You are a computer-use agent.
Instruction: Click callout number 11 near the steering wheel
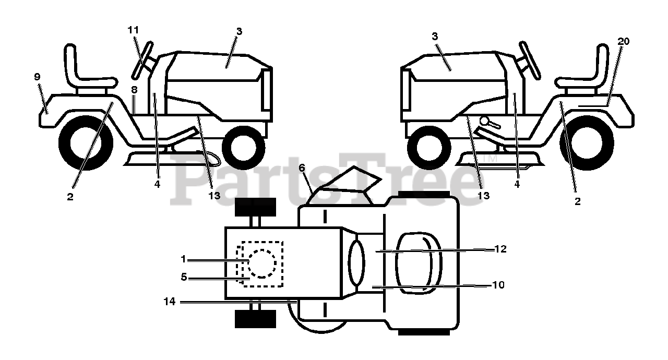click(x=133, y=30)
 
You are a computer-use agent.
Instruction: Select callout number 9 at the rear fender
click(x=37, y=77)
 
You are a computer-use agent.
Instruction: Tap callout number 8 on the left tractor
click(x=134, y=89)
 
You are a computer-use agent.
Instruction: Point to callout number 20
click(x=623, y=41)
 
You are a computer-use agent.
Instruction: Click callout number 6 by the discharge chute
click(x=302, y=168)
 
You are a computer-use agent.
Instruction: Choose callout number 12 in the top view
click(x=500, y=249)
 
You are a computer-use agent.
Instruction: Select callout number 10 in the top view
click(x=498, y=285)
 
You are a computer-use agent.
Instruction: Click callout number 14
click(x=170, y=302)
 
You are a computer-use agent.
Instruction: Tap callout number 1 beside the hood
click(x=183, y=259)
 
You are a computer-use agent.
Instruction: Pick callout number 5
click(x=184, y=277)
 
